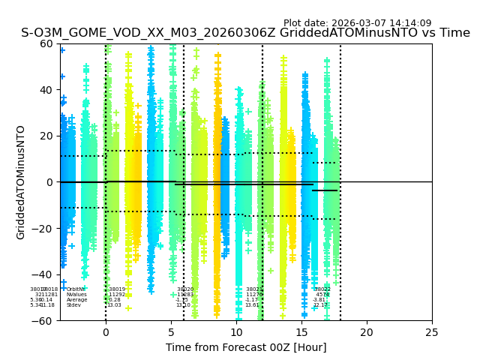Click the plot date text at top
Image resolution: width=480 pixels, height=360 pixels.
[x=357, y=23]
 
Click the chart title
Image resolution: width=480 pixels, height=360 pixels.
[x=245, y=33]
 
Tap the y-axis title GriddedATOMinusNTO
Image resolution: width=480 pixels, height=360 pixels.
[x=21, y=182]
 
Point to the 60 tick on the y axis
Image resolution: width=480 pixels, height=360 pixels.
[x=46, y=43]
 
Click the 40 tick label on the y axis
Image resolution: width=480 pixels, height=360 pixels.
[x=46, y=90]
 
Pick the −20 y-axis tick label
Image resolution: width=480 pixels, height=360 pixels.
[x=43, y=229]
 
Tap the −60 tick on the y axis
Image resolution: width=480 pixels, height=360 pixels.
[x=43, y=321]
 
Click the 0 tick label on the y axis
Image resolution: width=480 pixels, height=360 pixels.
[x=49, y=182]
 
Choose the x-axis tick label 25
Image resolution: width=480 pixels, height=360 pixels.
[x=432, y=331]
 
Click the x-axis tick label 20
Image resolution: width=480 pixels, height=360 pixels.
[x=367, y=331]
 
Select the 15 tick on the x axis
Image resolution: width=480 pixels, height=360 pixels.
[x=301, y=331]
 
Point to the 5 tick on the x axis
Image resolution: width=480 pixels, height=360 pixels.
[x=171, y=331]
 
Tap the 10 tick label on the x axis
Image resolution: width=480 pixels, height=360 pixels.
[x=236, y=331]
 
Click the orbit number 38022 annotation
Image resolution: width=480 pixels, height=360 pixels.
[x=322, y=289]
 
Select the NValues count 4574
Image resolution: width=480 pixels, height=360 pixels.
[x=322, y=295]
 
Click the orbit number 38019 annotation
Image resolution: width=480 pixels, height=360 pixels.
[x=117, y=289]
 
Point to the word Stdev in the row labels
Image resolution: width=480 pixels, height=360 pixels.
[x=73, y=305]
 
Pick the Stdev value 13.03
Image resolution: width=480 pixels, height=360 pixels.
[x=114, y=305]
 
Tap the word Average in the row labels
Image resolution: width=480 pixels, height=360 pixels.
[x=76, y=300]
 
